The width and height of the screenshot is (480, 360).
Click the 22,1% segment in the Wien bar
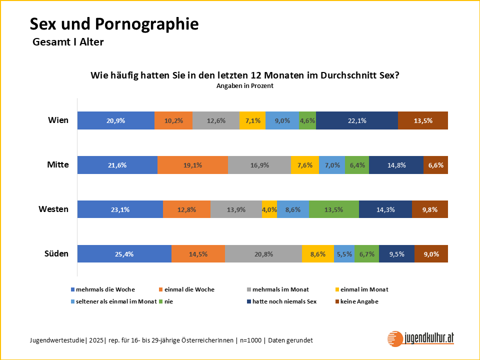tap(356, 120)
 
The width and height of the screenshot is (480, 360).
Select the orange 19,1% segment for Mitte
tap(192, 165)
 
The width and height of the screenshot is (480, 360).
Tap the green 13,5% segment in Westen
tap(333, 209)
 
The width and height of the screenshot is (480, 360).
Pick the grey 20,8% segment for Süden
tap(263, 254)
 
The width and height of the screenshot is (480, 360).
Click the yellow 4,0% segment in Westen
tap(269, 209)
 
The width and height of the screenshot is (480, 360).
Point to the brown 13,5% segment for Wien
tap(422, 120)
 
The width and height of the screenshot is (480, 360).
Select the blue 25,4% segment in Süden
tap(124, 254)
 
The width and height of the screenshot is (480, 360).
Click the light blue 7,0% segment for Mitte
tap(331, 165)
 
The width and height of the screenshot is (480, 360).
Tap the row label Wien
tap(58, 120)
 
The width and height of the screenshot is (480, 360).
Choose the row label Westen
tap(53, 209)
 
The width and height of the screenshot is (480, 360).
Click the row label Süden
tap(56, 254)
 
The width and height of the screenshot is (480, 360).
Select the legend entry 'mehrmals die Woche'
tap(105, 289)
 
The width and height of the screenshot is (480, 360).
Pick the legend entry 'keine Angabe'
tap(359, 301)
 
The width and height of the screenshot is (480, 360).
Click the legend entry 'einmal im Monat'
tap(364, 289)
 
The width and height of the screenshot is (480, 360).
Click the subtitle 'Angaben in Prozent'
tap(244, 86)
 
